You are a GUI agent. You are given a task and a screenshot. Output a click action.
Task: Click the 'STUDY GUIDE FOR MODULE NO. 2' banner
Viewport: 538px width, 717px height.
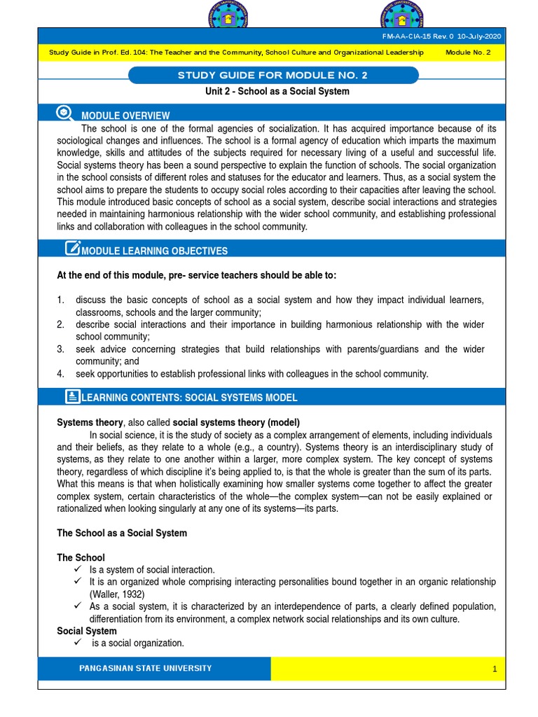tap(275, 75)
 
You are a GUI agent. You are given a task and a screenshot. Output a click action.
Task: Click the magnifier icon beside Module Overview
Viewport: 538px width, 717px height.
tap(64, 113)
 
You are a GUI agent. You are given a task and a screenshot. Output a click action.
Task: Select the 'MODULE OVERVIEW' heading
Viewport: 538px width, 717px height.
tap(125, 116)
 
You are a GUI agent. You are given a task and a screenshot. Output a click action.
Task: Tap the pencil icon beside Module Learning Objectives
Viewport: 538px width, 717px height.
tap(72, 248)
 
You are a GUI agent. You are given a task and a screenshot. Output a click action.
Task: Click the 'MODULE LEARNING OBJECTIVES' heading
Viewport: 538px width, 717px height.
tap(154, 251)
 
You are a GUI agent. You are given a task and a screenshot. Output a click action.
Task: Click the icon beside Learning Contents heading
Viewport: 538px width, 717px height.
tap(72, 396)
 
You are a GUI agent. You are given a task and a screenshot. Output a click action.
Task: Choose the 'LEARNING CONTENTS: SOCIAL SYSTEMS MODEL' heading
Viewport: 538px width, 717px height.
tap(189, 398)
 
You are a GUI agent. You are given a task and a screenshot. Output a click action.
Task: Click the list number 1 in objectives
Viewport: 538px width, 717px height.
tap(61, 300)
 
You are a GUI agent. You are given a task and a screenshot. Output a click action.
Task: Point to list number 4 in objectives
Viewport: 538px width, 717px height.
tap(61, 374)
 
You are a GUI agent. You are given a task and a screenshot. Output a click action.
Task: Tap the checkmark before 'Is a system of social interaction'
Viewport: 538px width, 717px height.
tap(78, 569)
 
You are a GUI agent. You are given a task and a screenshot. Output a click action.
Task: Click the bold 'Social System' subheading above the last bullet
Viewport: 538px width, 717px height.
tap(86, 631)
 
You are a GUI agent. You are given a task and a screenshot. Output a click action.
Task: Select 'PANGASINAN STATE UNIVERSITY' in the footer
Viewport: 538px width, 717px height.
tap(146, 668)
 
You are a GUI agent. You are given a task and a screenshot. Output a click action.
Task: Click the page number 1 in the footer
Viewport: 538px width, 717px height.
tap(494, 669)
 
